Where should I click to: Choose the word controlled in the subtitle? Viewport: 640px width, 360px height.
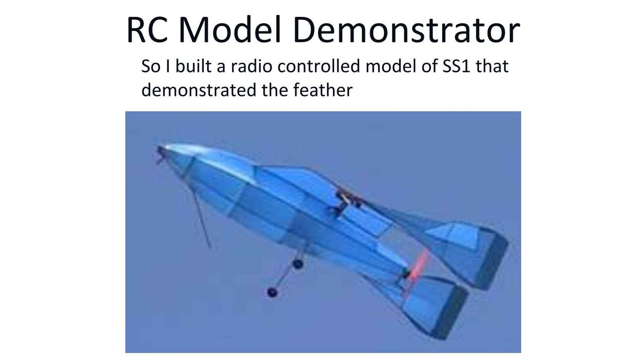(x=319, y=66)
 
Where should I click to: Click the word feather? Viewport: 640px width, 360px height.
(x=323, y=90)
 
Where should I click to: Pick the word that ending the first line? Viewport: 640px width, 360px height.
(x=492, y=66)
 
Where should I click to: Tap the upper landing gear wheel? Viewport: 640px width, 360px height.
(x=298, y=264)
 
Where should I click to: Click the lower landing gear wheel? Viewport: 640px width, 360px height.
(x=272, y=292)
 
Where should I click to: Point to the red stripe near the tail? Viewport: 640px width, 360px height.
(x=418, y=266)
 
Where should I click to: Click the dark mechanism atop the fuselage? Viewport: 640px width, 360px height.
(x=347, y=201)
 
